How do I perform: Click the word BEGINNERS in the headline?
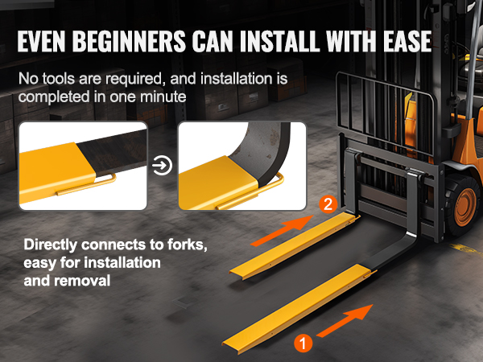(130, 41)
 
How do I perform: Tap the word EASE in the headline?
(407, 41)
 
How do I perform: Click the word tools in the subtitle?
(58, 79)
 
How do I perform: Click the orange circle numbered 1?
(303, 343)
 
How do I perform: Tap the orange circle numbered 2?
(328, 204)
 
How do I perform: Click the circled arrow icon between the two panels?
(162, 166)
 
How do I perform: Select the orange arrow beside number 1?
(345, 320)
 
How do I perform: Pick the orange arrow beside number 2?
(282, 231)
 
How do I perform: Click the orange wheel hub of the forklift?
(465, 204)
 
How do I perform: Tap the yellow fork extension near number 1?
(299, 309)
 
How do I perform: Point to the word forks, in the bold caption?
(188, 245)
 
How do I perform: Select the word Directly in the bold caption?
(51, 245)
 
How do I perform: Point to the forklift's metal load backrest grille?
(385, 115)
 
